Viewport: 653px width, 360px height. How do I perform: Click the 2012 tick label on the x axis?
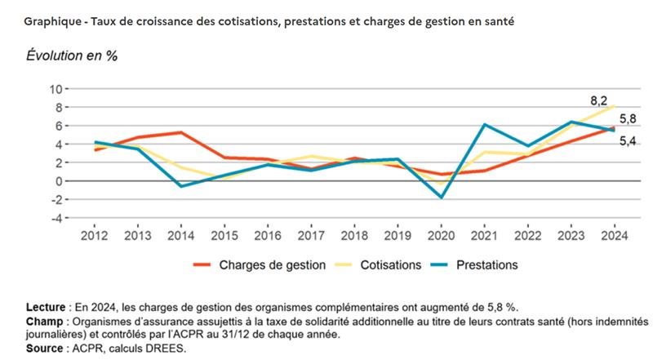pos(96,236)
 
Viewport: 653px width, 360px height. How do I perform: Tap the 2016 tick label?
pos(268,236)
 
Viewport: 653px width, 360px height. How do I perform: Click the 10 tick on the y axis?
pos(56,88)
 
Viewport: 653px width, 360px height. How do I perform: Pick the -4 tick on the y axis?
pos(56,219)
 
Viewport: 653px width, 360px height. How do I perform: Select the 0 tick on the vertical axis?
pos(59,181)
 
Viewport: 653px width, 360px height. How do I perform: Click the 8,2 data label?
pos(599,102)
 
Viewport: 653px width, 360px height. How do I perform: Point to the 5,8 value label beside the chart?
pos(628,119)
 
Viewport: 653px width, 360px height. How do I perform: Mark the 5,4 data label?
pos(628,142)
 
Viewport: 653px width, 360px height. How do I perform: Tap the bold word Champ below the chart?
pos(40,322)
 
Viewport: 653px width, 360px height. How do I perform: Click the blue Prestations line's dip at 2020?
pos(441,198)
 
